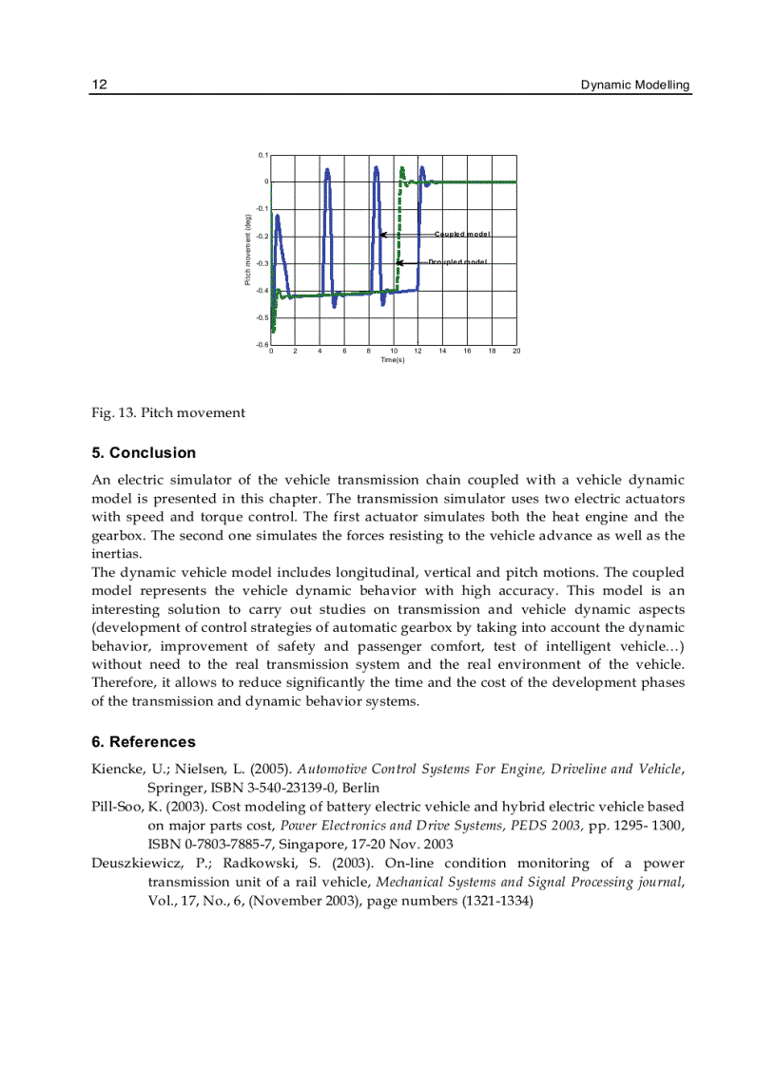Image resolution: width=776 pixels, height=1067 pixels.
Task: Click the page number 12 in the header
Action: tap(99, 86)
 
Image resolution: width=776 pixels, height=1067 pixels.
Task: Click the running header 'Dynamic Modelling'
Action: tap(635, 86)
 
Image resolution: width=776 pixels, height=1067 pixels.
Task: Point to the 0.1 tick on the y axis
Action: tap(263, 155)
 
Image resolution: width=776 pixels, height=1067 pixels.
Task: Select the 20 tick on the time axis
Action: tap(516, 352)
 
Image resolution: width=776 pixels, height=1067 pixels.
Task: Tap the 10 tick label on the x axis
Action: tap(394, 352)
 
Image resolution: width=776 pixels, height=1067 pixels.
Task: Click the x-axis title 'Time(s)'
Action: tap(393, 360)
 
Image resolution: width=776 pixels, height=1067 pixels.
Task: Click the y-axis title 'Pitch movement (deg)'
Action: tap(248, 249)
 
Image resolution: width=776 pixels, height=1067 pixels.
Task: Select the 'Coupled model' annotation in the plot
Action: tap(462, 234)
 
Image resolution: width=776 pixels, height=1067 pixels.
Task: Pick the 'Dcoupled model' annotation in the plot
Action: tap(457, 262)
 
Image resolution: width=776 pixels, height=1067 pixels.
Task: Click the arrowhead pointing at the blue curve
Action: tap(381, 234)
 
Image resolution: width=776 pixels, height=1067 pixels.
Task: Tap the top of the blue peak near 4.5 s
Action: tap(327, 170)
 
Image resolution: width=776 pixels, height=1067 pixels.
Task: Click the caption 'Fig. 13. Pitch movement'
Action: tap(168, 412)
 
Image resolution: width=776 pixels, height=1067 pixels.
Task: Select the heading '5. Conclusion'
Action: tap(144, 453)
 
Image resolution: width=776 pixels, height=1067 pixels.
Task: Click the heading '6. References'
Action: tap(144, 742)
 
